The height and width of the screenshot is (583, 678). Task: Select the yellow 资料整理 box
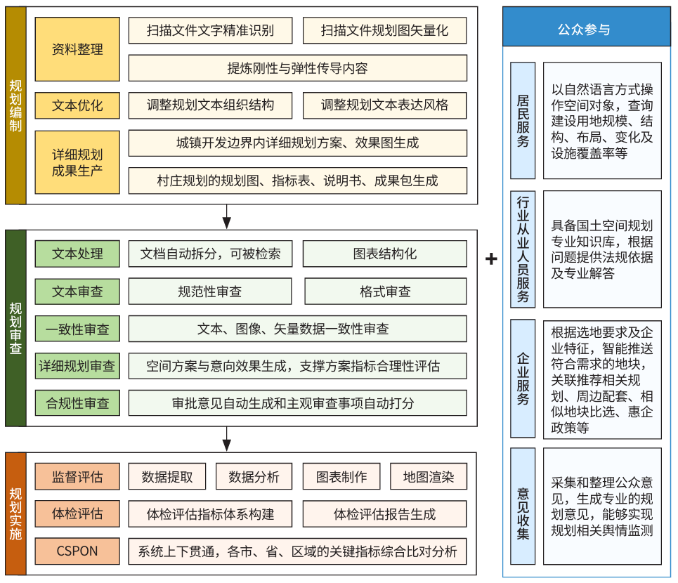tap(77, 49)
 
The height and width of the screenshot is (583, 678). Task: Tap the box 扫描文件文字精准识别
tap(210, 30)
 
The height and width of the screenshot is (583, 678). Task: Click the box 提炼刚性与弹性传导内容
tap(297, 68)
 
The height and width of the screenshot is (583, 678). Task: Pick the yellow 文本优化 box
tap(77, 105)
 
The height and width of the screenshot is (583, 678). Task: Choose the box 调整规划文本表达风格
tap(384, 105)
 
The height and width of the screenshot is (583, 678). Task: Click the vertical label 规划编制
tap(15, 105)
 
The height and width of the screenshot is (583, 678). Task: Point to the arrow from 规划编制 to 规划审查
tap(226, 216)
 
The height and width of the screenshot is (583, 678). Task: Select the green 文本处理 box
tap(77, 254)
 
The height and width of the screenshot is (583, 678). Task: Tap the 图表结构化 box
tap(385, 254)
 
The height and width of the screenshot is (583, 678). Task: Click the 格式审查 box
tap(385, 291)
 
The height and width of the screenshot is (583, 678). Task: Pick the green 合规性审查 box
tap(77, 402)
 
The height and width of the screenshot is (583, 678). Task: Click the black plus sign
tap(491, 259)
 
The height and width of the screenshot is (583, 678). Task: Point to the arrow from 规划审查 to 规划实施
tap(226, 439)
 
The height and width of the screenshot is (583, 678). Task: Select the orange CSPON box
tap(77, 551)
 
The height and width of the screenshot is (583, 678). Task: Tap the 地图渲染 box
tap(429, 476)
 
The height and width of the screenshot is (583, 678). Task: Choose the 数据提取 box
tap(167, 476)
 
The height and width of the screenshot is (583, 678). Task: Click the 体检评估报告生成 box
tap(384, 514)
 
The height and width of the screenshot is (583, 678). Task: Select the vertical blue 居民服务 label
tap(523, 121)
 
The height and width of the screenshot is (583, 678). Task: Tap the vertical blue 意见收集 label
tap(523, 506)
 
